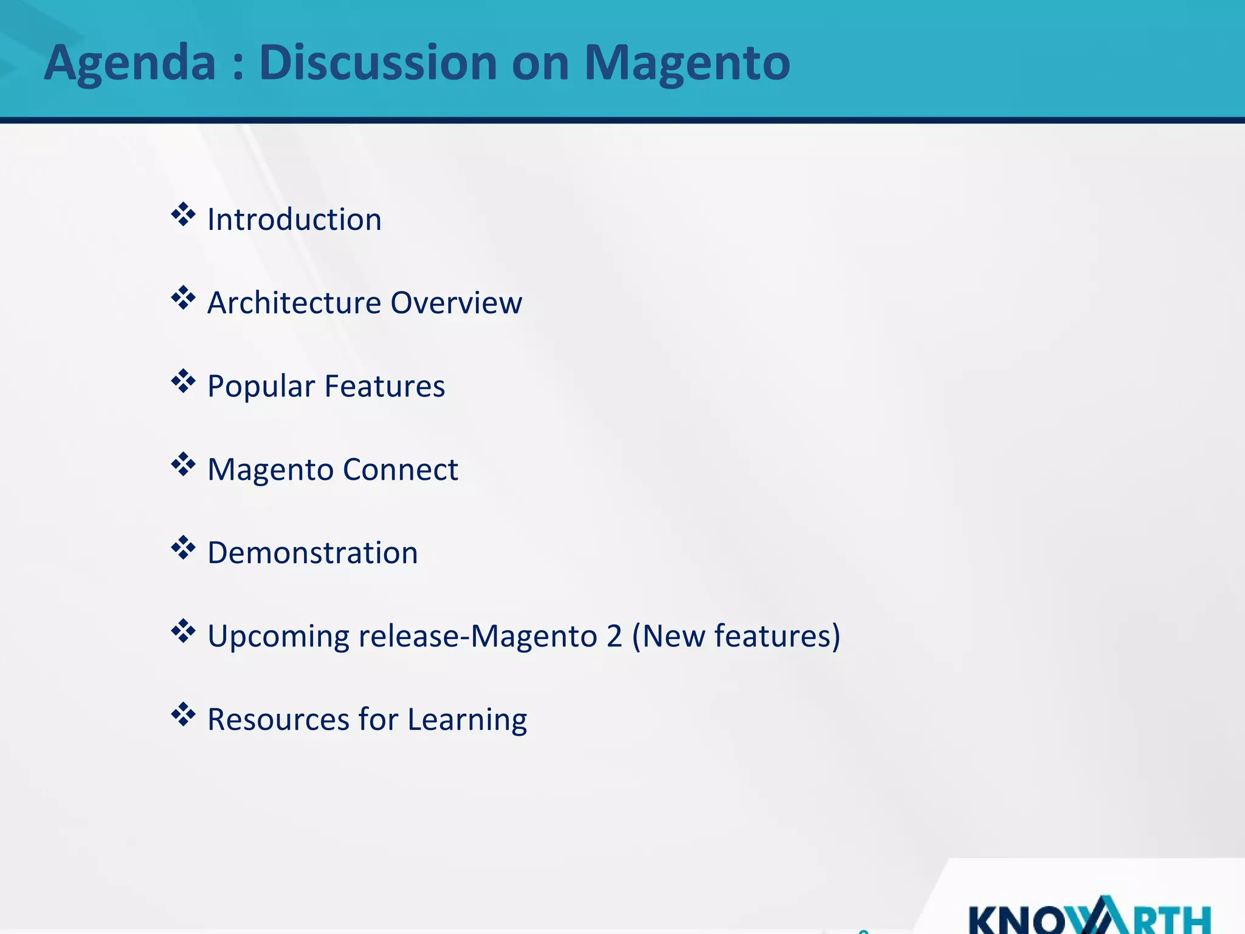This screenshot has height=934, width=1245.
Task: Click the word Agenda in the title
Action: pyautogui.click(x=129, y=63)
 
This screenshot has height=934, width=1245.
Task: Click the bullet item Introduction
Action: pyautogui.click(x=294, y=220)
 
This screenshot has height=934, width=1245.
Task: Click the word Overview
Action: pyautogui.click(x=456, y=303)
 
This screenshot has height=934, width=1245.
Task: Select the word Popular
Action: pyautogui.click(x=261, y=387)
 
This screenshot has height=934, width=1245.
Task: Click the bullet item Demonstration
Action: pyautogui.click(x=312, y=553)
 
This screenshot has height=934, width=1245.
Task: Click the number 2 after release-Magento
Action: pyautogui.click(x=613, y=636)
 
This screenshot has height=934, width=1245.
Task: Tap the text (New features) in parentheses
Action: pyautogui.click(x=736, y=636)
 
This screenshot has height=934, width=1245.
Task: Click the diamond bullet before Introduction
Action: pyautogui.click(x=183, y=215)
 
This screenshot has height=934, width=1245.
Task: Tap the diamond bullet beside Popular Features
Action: pyautogui.click(x=183, y=381)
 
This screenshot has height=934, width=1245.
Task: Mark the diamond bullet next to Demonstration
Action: pyautogui.click(x=183, y=548)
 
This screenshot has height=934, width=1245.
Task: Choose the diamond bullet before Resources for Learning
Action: pyautogui.click(x=183, y=714)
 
